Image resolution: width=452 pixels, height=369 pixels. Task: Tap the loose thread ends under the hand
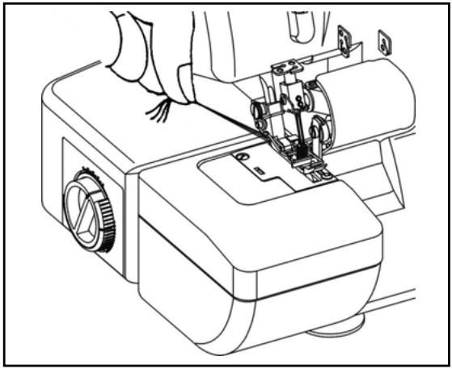[157, 112]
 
